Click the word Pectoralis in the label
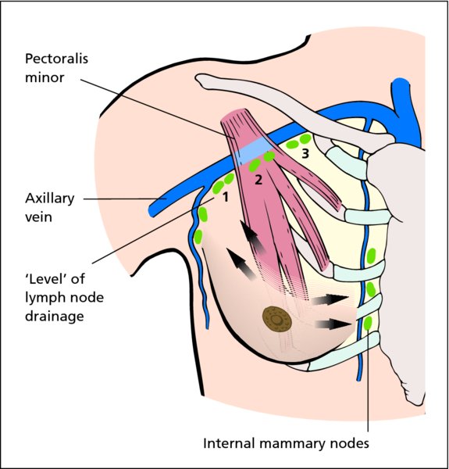point(56,59)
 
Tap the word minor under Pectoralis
point(45,77)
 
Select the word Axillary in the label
point(50,199)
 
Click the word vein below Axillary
point(38,217)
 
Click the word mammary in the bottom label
point(293,444)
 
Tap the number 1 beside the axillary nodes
point(225,198)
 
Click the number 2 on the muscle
point(258,180)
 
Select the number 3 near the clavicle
point(305,153)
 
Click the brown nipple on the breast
point(277,320)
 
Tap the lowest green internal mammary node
point(368,323)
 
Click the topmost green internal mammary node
point(371,256)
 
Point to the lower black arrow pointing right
point(333,324)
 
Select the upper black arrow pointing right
point(330,299)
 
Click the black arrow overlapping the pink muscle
point(251,237)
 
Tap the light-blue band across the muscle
point(254,152)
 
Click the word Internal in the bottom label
point(230,443)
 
